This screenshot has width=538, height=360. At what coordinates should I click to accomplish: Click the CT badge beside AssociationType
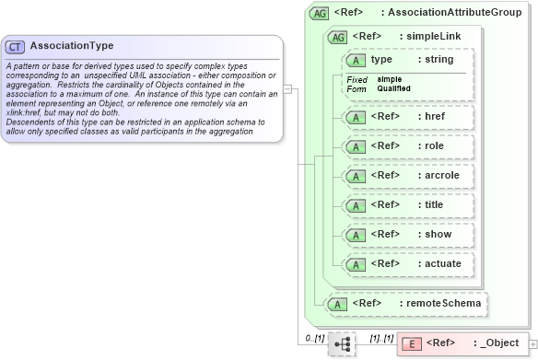(x=16, y=46)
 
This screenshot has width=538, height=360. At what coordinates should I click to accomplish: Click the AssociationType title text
(x=72, y=45)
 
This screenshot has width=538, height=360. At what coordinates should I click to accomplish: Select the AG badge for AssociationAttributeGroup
(x=319, y=14)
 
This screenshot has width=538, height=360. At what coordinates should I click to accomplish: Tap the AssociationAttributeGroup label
(x=455, y=13)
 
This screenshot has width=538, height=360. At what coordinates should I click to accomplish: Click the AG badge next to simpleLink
(x=337, y=37)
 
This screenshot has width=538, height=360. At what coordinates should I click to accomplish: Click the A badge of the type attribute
(x=356, y=60)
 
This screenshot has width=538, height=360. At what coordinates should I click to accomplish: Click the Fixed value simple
(x=389, y=79)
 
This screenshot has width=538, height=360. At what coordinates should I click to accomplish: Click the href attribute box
(x=408, y=117)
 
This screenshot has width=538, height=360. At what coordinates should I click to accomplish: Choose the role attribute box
(x=406, y=145)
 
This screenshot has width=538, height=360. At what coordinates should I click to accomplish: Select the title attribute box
(x=406, y=204)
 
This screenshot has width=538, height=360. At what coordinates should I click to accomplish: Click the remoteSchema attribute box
(x=406, y=302)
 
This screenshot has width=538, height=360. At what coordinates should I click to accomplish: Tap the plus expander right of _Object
(x=532, y=344)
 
